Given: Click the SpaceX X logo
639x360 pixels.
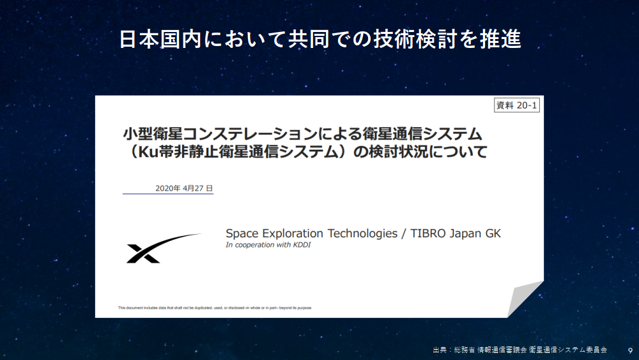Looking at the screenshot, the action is click(x=163, y=248).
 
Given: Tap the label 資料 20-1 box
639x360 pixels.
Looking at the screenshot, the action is click(x=517, y=106).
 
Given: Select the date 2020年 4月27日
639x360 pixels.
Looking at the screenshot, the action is click(x=184, y=189).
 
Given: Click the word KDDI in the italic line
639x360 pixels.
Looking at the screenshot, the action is click(x=302, y=245).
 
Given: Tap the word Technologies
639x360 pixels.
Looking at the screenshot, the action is click(x=362, y=234).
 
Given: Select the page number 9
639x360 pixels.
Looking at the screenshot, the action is click(x=631, y=350).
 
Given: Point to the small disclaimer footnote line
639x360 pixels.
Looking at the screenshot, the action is click(x=215, y=308).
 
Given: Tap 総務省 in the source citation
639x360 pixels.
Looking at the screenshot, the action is click(x=464, y=350).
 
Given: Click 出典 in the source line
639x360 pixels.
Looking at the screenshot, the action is click(x=440, y=350).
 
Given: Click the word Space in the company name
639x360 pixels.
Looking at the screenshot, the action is click(x=242, y=234).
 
